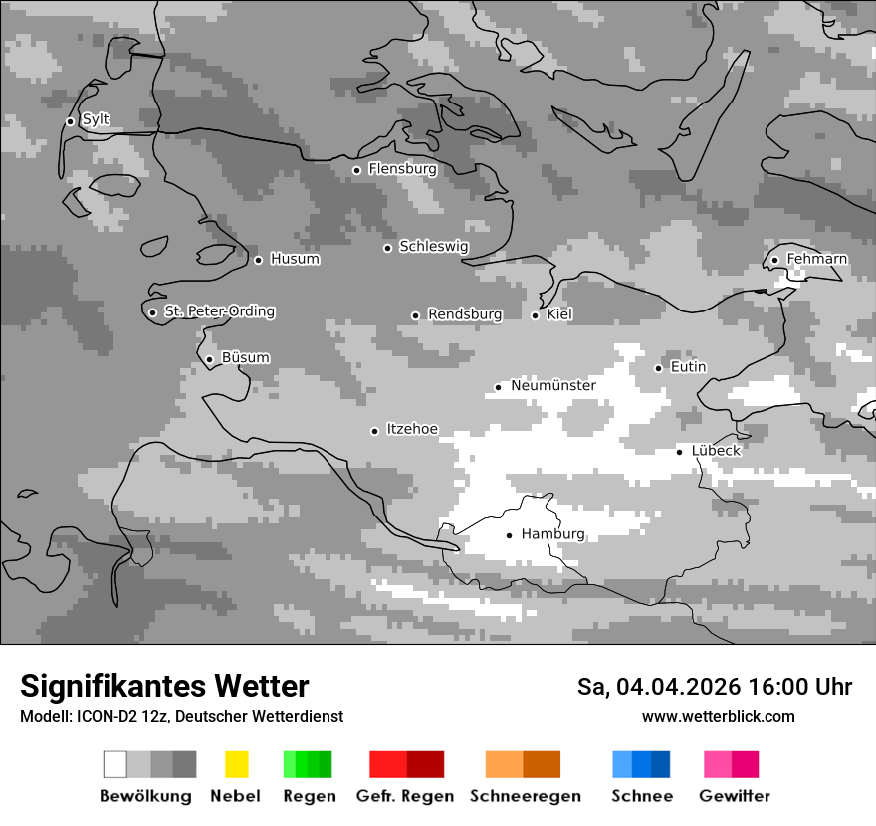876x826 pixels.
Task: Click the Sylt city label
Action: pyautogui.click(x=96, y=120)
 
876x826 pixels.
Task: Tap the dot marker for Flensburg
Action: pyautogui.click(x=356, y=170)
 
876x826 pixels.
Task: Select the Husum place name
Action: pyautogui.click(x=295, y=260)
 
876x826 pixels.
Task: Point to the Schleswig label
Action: pyautogui.click(x=433, y=247)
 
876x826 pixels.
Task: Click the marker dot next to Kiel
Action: pyautogui.click(x=535, y=315)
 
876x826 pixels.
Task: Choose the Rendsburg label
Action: pyautogui.click(x=465, y=315)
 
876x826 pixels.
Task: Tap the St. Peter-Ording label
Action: pyautogui.click(x=219, y=311)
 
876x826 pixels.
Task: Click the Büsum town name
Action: pyautogui.click(x=245, y=358)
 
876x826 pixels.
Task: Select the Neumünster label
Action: pyautogui.click(x=553, y=386)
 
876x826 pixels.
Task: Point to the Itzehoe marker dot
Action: pyautogui.click(x=374, y=431)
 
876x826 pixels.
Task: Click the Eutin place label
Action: pyautogui.click(x=688, y=367)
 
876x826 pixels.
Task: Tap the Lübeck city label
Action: pyautogui.click(x=716, y=451)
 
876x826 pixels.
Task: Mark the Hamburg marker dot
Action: pyautogui.click(x=509, y=535)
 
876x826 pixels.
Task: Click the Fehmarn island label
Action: pyautogui.click(x=817, y=260)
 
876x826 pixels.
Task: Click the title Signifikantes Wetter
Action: pyautogui.click(x=164, y=686)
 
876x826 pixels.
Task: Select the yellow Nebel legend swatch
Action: pyautogui.click(x=236, y=764)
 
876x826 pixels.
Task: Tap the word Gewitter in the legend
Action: pyautogui.click(x=735, y=796)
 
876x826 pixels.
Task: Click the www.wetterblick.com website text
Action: pyautogui.click(x=718, y=717)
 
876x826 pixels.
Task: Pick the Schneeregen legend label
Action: pyautogui.click(x=526, y=796)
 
